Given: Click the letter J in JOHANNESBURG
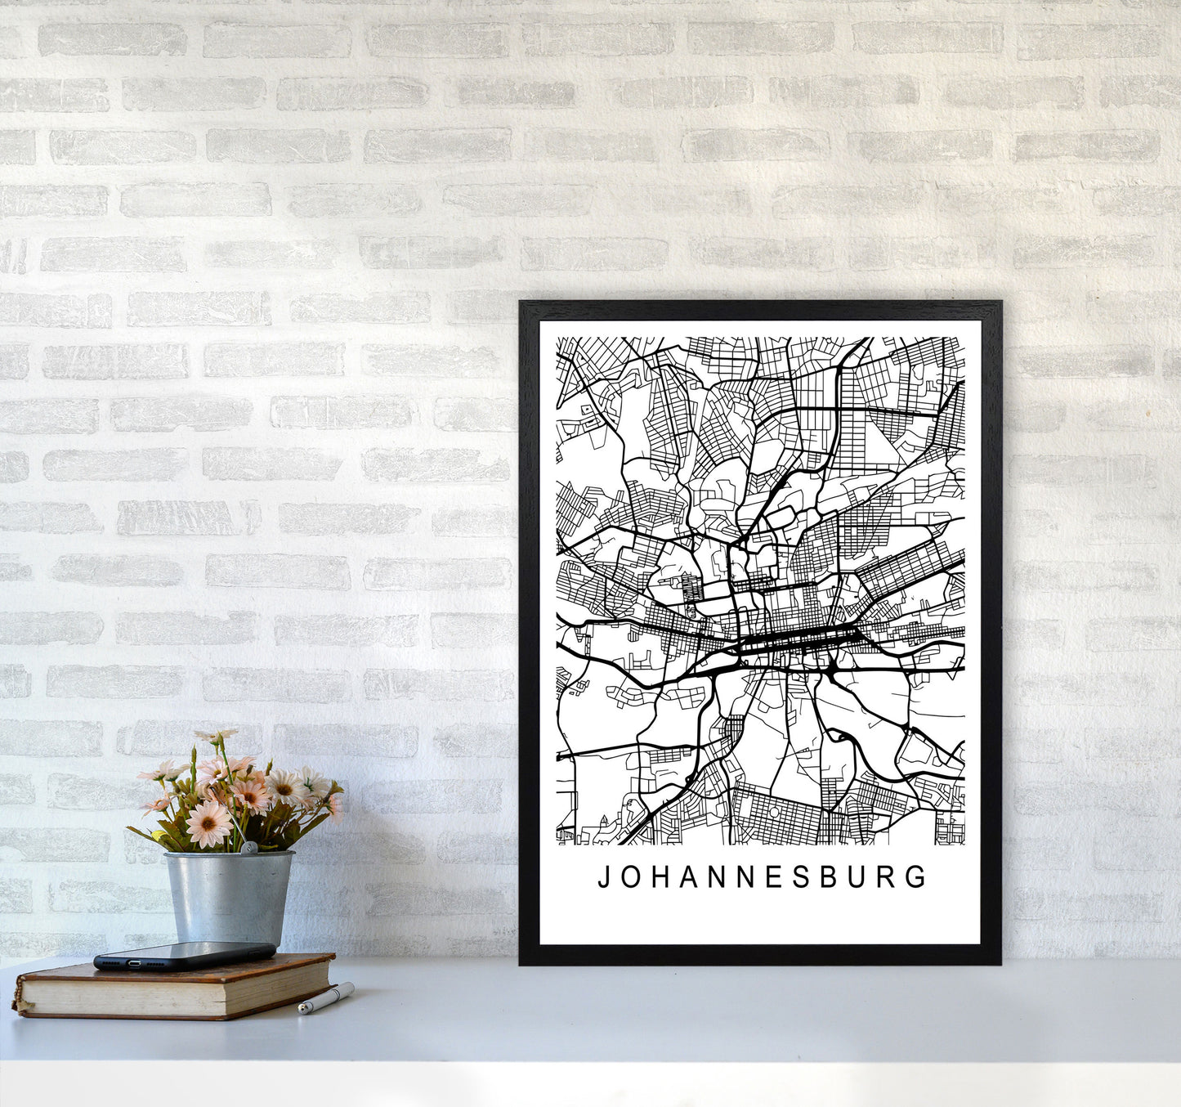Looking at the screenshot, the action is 605,878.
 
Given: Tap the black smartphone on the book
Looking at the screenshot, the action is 184,954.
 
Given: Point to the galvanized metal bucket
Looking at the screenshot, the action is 228,896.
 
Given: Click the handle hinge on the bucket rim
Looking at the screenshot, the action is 253,849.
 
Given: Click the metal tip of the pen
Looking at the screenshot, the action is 302,1011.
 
